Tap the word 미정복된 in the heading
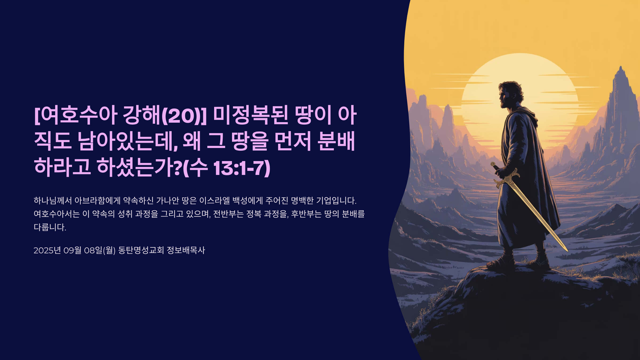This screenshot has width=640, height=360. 251,115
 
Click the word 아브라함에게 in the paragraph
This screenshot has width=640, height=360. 97,201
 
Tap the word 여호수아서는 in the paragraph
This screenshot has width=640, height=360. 57,214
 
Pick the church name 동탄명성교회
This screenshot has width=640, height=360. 141,250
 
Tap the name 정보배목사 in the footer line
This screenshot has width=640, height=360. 186,250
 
